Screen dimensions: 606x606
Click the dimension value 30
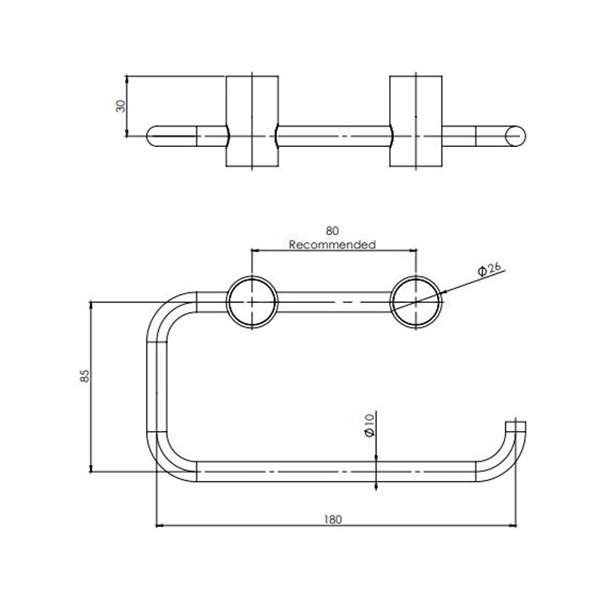pos(119,105)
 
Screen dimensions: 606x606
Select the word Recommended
pos(333,245)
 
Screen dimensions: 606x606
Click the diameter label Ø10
pos(369,424)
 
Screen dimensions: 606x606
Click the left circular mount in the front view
pos(251,303)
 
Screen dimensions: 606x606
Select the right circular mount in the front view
pos(416,303)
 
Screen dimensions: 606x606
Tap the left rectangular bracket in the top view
pos(251,120)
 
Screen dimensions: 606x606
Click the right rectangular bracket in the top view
pos(416,120)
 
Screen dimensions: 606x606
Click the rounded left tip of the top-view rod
pos(152,136)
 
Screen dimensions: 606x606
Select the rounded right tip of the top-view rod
pos(517,136)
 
